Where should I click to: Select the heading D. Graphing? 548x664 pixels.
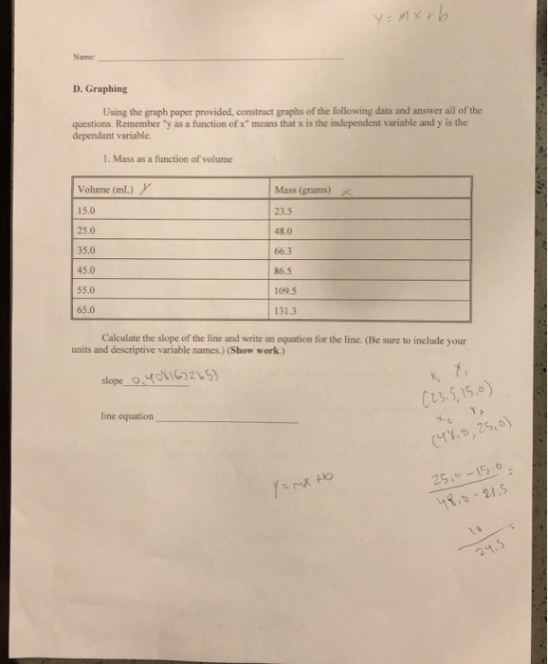pyautogui.click(x=101, y=89)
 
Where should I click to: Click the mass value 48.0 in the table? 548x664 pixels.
pyautogui.click(x=283, y=229)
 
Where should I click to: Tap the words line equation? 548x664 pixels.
pyautogui.click(x=127, y=416)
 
